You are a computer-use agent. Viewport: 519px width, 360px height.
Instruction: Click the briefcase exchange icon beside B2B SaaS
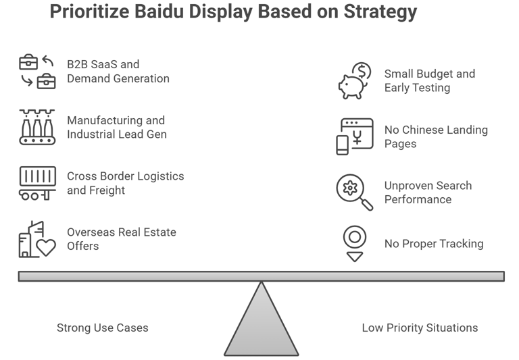coord(37,72)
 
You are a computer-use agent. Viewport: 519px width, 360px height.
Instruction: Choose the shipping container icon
coord(37,183)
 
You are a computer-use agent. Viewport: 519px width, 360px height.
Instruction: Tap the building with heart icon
coord(37,239)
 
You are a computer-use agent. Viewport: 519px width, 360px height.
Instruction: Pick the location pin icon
coord(355,243)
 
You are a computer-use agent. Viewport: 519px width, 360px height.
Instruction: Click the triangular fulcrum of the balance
coord(262,324)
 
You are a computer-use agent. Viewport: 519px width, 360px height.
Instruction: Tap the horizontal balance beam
coord(262,276)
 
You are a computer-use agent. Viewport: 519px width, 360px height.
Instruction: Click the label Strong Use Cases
coord(102,328)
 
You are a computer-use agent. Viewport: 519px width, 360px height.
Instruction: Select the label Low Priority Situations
coord(420,328)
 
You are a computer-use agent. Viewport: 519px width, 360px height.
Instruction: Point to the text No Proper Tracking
coord(434,244)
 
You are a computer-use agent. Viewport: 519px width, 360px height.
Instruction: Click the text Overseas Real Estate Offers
coord(121,239)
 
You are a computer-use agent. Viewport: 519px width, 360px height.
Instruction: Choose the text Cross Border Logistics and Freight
coord(125,183)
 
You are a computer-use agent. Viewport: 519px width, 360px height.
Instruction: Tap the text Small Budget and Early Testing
coord(429,80)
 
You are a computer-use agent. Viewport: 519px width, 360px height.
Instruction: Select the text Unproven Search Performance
coord(428,192)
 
